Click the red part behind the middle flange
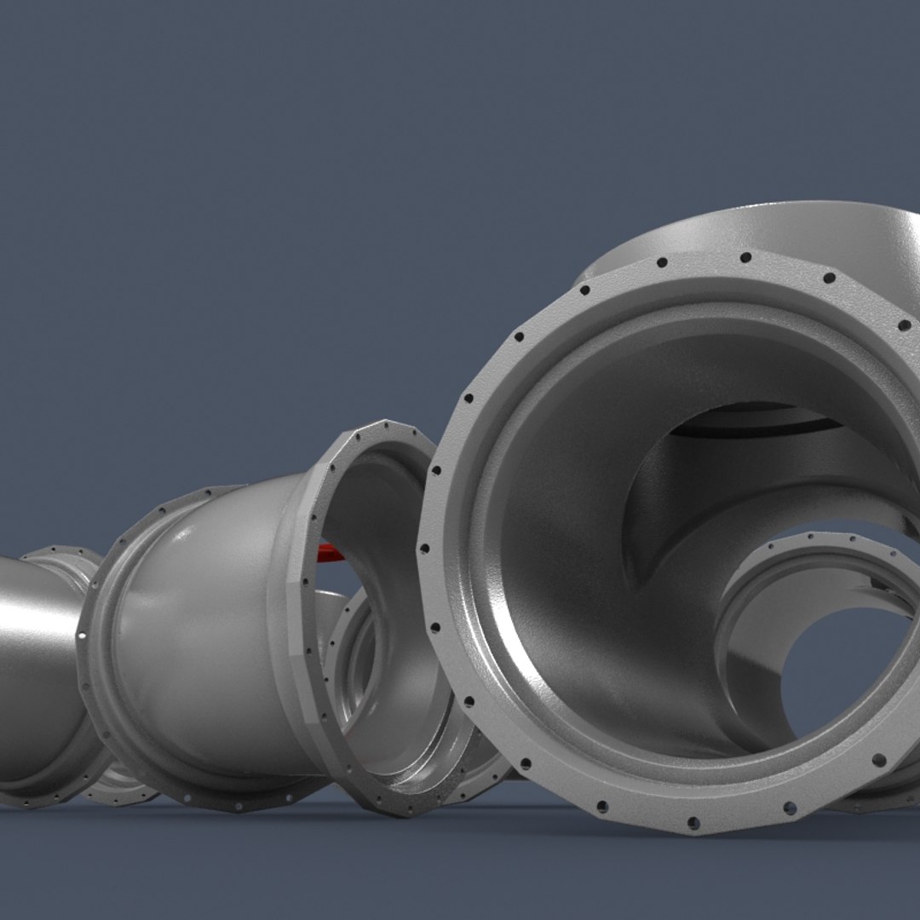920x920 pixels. click(331, 554)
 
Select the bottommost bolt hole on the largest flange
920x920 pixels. click(693, 822)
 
